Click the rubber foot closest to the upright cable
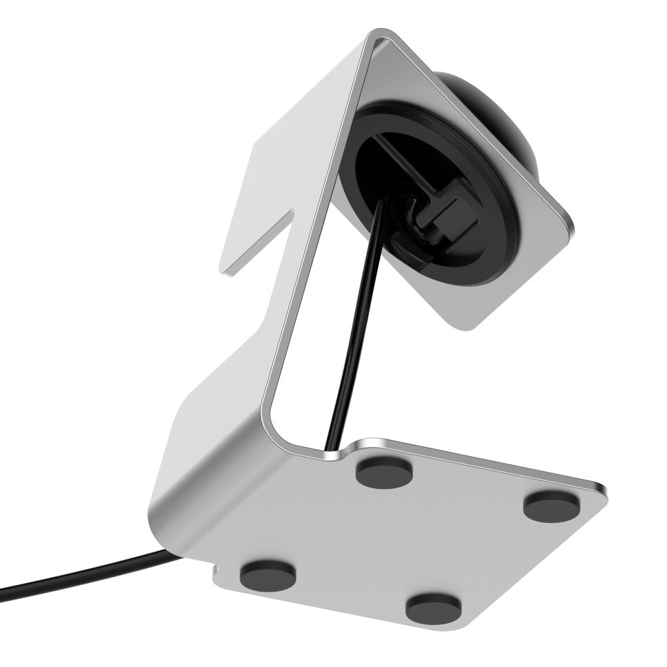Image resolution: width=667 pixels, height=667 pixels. pos(384,472)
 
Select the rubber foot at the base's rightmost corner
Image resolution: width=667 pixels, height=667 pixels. pos(550,506)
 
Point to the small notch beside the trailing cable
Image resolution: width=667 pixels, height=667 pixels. pos(215,569)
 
